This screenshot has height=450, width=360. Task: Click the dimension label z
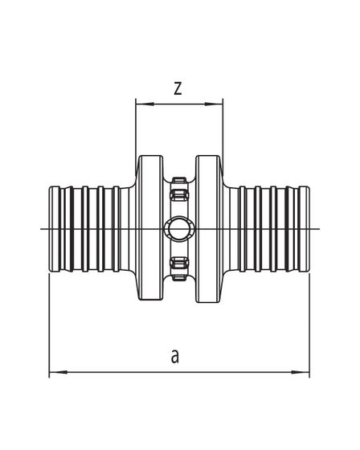pos(178,88)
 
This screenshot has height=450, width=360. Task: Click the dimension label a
pos(175,356)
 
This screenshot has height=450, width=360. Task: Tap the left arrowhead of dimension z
pos(145,104)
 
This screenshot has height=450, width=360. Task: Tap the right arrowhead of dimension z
pos(214,104)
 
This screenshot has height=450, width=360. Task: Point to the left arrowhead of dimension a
pos(59,372)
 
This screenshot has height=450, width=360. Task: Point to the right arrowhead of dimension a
pos(301,372)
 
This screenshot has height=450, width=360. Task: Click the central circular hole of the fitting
pos(179,229)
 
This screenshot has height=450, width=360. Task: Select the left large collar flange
pos(151,228)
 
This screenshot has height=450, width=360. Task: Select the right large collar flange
pos(208,228)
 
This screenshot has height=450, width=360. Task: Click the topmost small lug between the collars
pos(179,181)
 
